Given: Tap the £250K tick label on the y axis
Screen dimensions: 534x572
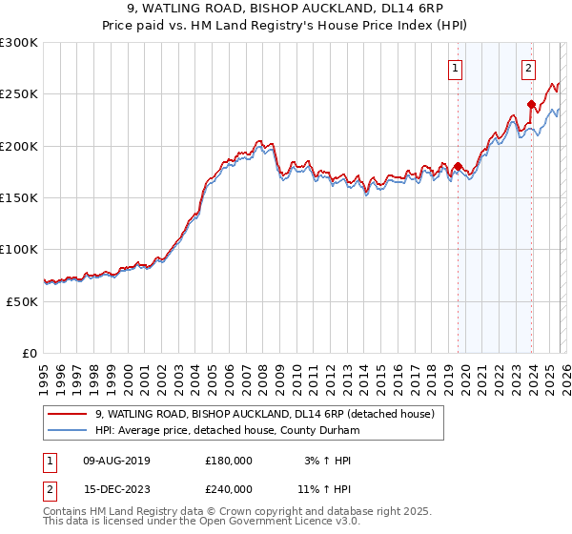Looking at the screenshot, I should [x=19, y=94].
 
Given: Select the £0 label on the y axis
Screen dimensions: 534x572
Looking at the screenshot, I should [x=29, y=353].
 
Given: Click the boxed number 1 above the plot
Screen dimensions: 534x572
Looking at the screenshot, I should [x=455, y=68].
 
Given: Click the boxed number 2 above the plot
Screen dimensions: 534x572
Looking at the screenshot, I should [x=528, y=68].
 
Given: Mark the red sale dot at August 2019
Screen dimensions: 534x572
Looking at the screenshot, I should [x=458, y=167].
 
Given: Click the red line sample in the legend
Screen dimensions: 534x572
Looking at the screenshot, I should [x=69, y=414].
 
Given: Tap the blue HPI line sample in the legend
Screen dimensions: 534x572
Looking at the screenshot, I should [x=69, y=430].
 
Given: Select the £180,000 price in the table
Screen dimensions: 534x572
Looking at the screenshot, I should [x=229, y=461].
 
